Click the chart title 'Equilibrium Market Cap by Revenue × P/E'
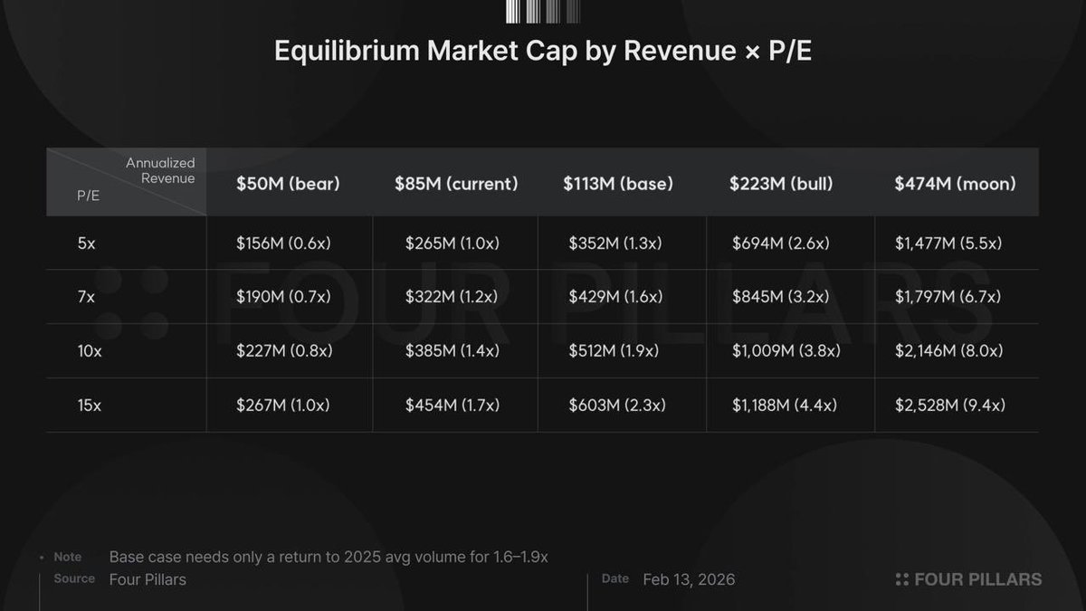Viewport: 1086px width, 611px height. pos(543,52)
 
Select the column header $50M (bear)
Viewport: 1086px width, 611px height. pos(288,184)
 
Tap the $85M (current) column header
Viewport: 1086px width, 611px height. pos(456,184)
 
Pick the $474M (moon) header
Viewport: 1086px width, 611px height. pos(955,184)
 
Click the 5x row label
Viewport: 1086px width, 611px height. pos(87,243)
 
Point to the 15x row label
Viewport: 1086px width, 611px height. pos(90,406)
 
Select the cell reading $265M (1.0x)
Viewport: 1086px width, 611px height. pos(452,243)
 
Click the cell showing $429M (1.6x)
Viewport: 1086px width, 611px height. pos(615,297)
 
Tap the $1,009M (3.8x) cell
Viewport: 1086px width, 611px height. pos(786,351)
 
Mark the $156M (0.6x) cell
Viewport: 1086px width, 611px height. pos(283,243)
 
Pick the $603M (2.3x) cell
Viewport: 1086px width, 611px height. pos(617,406)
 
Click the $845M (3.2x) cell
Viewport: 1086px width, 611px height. pos(781,297)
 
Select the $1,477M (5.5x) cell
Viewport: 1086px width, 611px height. pos(948,243)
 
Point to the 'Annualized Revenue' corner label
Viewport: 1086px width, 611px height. pos(160,170)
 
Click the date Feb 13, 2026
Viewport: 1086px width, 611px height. pos(689,579)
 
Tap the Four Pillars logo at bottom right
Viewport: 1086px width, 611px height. pos(968,579)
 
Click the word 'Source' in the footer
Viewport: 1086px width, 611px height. pos(74,578)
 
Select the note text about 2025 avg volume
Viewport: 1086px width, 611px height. pos(329,557)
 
